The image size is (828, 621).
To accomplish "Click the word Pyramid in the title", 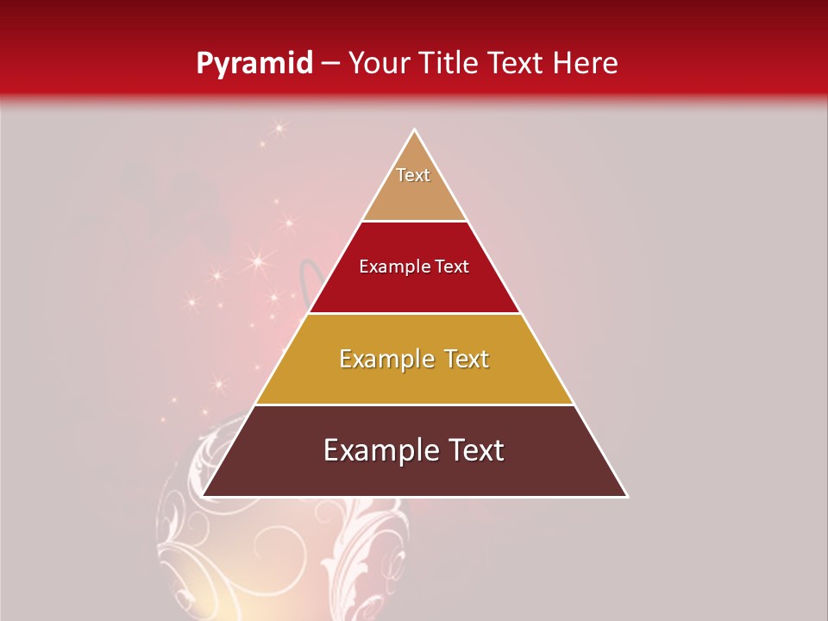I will click(254, 63).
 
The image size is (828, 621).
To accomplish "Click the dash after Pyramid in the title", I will click(329, 64).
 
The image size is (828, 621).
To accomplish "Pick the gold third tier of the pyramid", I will click(414, 379).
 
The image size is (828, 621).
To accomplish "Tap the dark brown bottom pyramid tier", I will click(414, 470).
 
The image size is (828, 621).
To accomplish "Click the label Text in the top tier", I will click(413, 175).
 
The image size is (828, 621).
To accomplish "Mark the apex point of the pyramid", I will click(414, 130).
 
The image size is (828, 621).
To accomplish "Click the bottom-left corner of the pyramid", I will click(202, 496).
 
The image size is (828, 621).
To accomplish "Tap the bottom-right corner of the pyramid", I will click(627, 496).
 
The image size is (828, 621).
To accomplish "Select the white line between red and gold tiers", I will click(414, 313).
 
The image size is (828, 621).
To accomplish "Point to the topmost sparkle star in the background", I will click(279, 129).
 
